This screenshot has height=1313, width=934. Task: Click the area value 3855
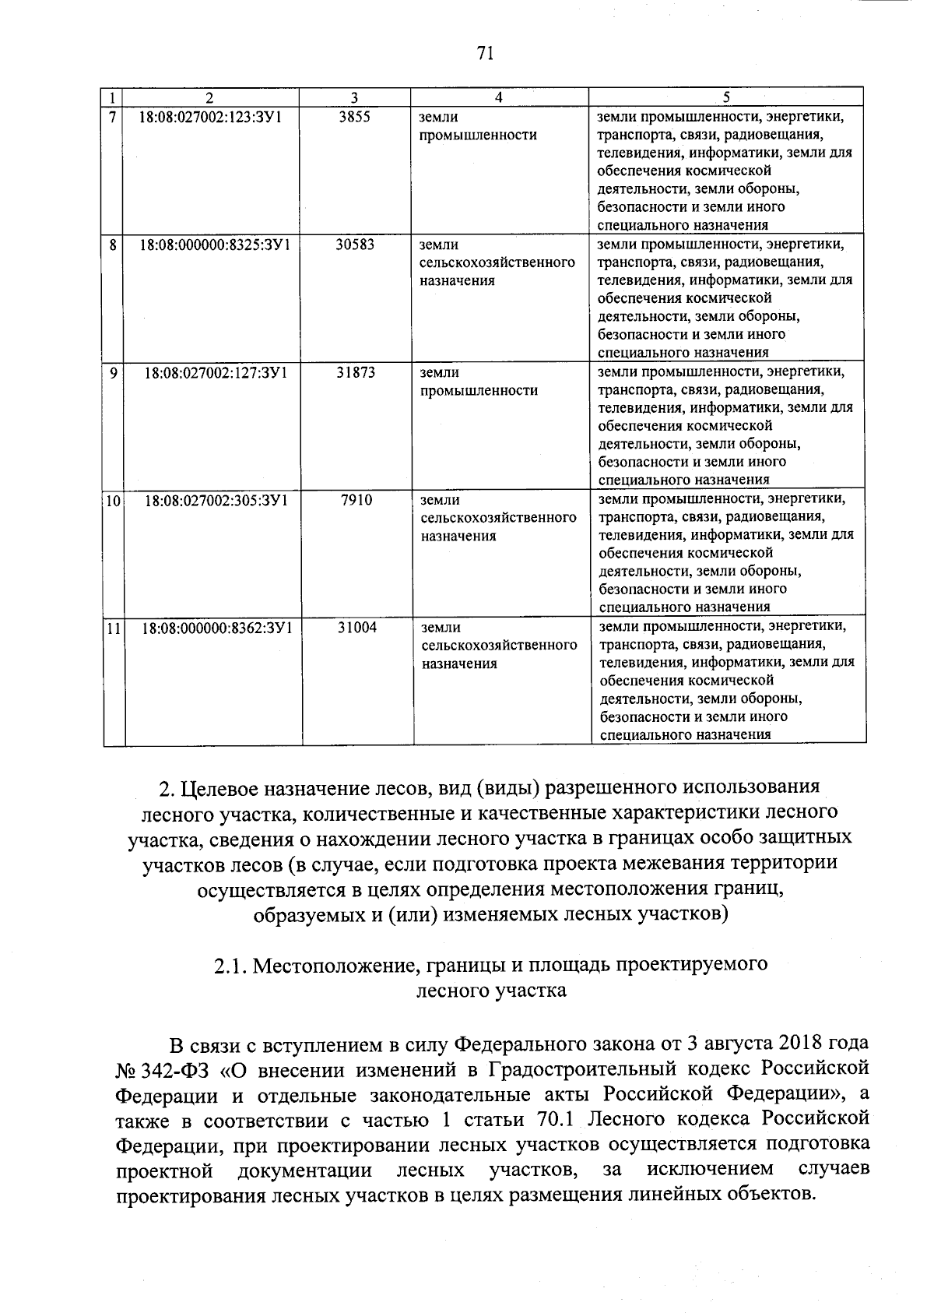tap(355, 118)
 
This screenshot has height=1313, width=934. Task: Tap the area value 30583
tap(355, 245)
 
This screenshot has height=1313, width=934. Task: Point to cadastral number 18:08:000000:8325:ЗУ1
tap(215, 245)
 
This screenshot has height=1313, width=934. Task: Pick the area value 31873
tap(356, 372)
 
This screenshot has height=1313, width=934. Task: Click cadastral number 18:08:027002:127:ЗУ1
tap(215, 372)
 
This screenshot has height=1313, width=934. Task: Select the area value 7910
tap(356, 499)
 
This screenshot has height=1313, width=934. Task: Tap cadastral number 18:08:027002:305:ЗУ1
tap(216, 500)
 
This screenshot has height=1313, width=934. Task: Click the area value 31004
tap(357, 627)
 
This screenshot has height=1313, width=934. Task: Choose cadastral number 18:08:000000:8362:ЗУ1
tap(216, 627)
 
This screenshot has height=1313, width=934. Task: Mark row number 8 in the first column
tap(114, 245)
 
